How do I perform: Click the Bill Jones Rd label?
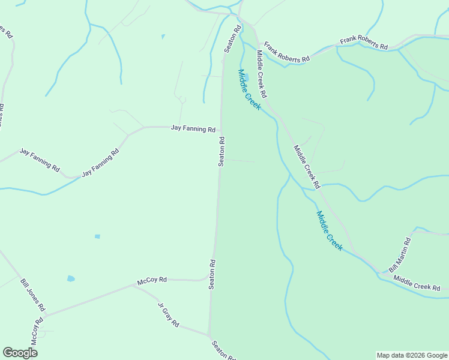pos(33,295)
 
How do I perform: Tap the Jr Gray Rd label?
pos(169,314)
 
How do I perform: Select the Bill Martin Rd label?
pos(400,255)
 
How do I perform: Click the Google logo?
pos(20,353)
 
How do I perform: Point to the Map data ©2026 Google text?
pos(412,355)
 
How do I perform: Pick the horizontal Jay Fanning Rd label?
pos(193,128)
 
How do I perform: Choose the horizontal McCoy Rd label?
pos(152,280)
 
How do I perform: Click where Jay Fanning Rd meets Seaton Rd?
pos(221,128)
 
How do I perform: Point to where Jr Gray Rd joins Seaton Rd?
pos(209,334)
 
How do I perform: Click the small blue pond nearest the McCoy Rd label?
pos(71,278)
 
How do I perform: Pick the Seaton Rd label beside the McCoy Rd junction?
pos(212,274)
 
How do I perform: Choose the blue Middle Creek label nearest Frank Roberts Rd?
pos(249,89)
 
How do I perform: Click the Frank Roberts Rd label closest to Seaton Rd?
pos(287,53)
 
